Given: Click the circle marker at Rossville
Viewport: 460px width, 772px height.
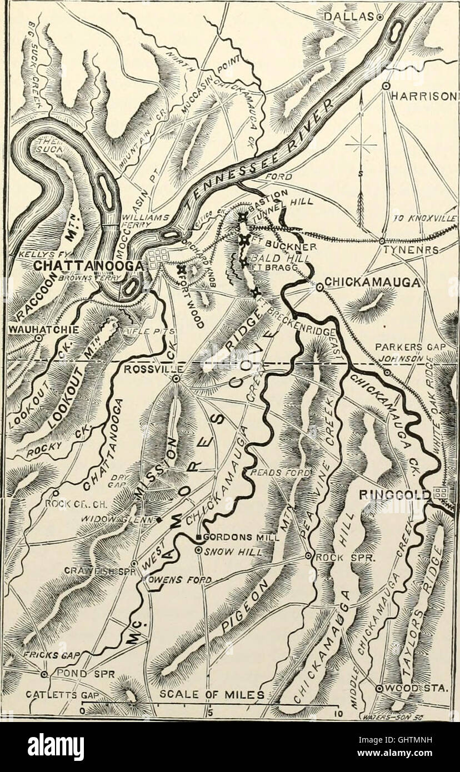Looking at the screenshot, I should click(x=176, y=379).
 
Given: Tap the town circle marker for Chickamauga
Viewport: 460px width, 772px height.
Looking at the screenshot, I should click(x=319, y=287).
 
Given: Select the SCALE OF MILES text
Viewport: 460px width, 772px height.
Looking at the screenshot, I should click(x=212, y=693).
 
